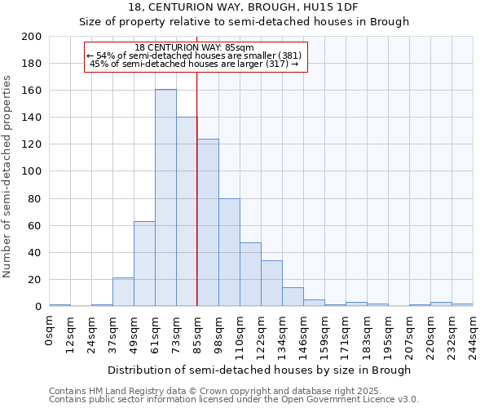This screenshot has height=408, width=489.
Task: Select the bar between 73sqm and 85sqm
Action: [187, 211]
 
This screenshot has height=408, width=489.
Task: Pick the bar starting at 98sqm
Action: [229, 252]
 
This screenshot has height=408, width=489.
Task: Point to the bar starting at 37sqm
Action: [123, 292]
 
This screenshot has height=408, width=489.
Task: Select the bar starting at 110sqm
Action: [250, 274]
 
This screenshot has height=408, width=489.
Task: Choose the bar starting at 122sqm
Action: [271, 283]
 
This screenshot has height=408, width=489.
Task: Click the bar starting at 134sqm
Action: [293, 297]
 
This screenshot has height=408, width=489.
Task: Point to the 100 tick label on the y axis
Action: [32, 171]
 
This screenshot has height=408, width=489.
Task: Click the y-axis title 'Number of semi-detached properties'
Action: [8, 176]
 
